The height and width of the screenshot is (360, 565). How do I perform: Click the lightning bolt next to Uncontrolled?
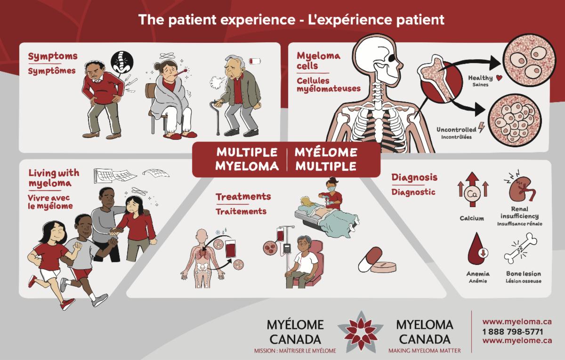[x=481, y=127]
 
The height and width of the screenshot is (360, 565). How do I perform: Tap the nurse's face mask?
[x=330, y=188]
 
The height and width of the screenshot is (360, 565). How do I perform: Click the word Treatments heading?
[x=243, y=196]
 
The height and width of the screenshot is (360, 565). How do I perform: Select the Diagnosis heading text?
[x=414, y=177]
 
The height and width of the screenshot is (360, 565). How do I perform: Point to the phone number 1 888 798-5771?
[x=512, y=331]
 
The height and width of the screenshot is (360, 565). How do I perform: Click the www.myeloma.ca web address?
[x=517, y=322]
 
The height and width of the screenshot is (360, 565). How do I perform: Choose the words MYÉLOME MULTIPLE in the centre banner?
[x=326, y=159]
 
